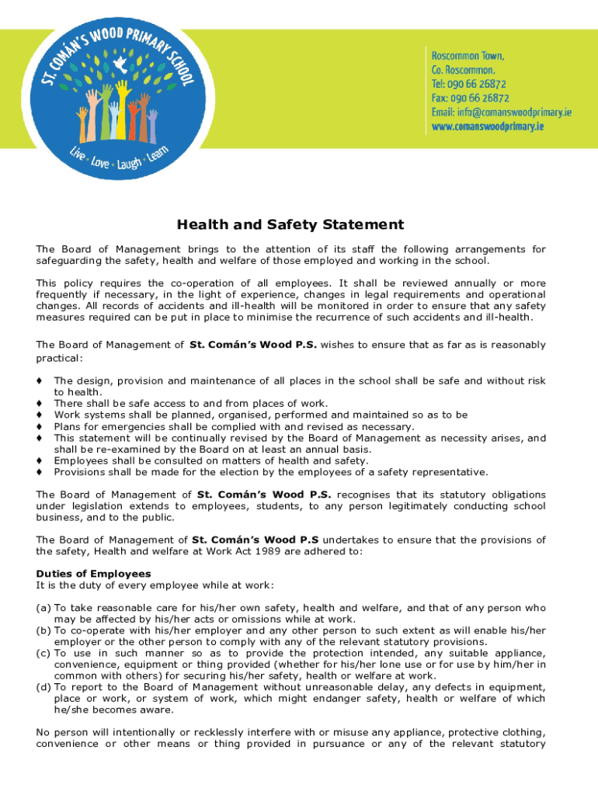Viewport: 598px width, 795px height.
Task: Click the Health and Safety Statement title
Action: tap(290, 225)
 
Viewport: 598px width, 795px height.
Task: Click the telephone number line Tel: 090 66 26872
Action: tap(469, 84)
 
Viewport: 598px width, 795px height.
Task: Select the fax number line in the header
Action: tap(470, 98)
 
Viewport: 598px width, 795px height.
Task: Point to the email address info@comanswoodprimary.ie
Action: tap(502, 112)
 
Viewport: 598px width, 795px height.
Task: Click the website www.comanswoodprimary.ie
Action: tap(488, 126)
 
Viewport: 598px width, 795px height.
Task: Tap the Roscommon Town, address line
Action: tap(468, 56)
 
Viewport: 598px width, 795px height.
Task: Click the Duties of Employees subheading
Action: tap(82, 574)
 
